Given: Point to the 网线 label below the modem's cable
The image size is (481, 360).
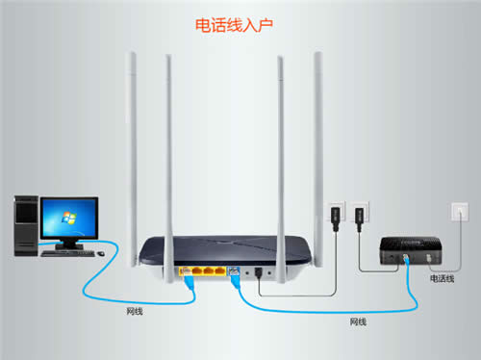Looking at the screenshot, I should [x=358, y=320].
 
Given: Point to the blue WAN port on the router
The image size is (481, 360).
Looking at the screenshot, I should [x=232, y=270].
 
